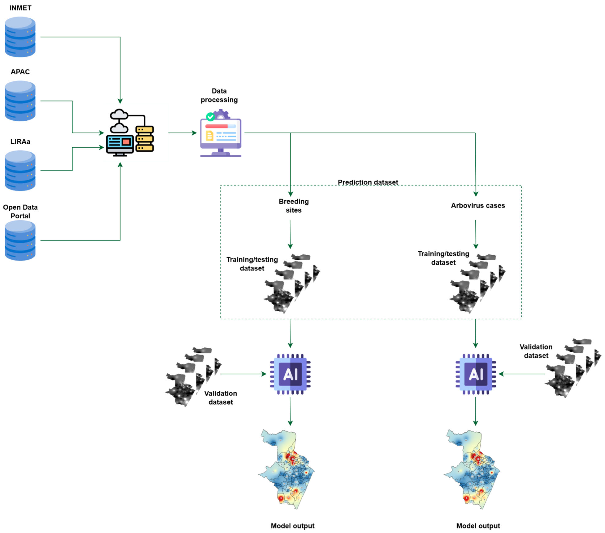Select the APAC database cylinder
(x=20, y=101)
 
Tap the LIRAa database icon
(x=20, y=171)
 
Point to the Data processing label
(x=219, y=95)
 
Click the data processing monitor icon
(x=221, y=133)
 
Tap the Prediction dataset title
(x=368, y=182)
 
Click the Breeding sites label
(x=294, y=206)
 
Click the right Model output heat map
(x=472, y=469)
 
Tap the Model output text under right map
(x=478, y=526)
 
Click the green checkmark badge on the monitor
(x=210, y=117)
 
